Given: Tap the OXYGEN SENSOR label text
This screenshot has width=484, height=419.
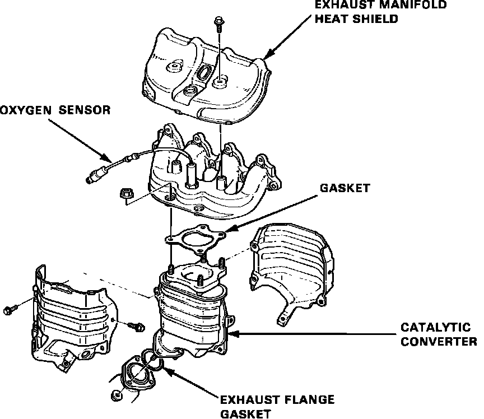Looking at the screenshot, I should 55,109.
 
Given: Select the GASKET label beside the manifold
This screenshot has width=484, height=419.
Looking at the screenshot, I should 345,188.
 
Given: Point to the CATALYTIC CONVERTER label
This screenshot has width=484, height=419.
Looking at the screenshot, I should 439,333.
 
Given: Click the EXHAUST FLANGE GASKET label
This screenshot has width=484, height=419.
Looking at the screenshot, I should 277,407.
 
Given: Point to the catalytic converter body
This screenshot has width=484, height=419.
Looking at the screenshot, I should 193,319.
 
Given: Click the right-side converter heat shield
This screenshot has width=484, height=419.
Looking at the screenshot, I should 291,269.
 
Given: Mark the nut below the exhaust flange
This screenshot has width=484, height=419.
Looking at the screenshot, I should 117,395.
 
